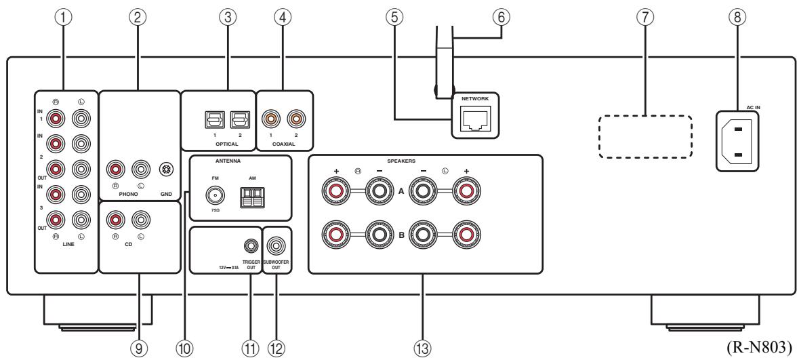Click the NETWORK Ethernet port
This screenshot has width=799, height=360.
(474, 119)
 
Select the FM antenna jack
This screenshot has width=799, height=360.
(215, 195)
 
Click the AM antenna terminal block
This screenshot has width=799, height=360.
(251, 197)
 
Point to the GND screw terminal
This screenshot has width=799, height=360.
(165, 169)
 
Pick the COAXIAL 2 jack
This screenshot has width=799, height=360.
(295, 121)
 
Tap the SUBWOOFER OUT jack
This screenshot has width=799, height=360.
(276, 247)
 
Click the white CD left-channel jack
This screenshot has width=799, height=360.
(141, 220)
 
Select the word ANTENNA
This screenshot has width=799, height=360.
(228, 161)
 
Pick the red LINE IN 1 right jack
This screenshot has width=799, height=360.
(56, 119)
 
